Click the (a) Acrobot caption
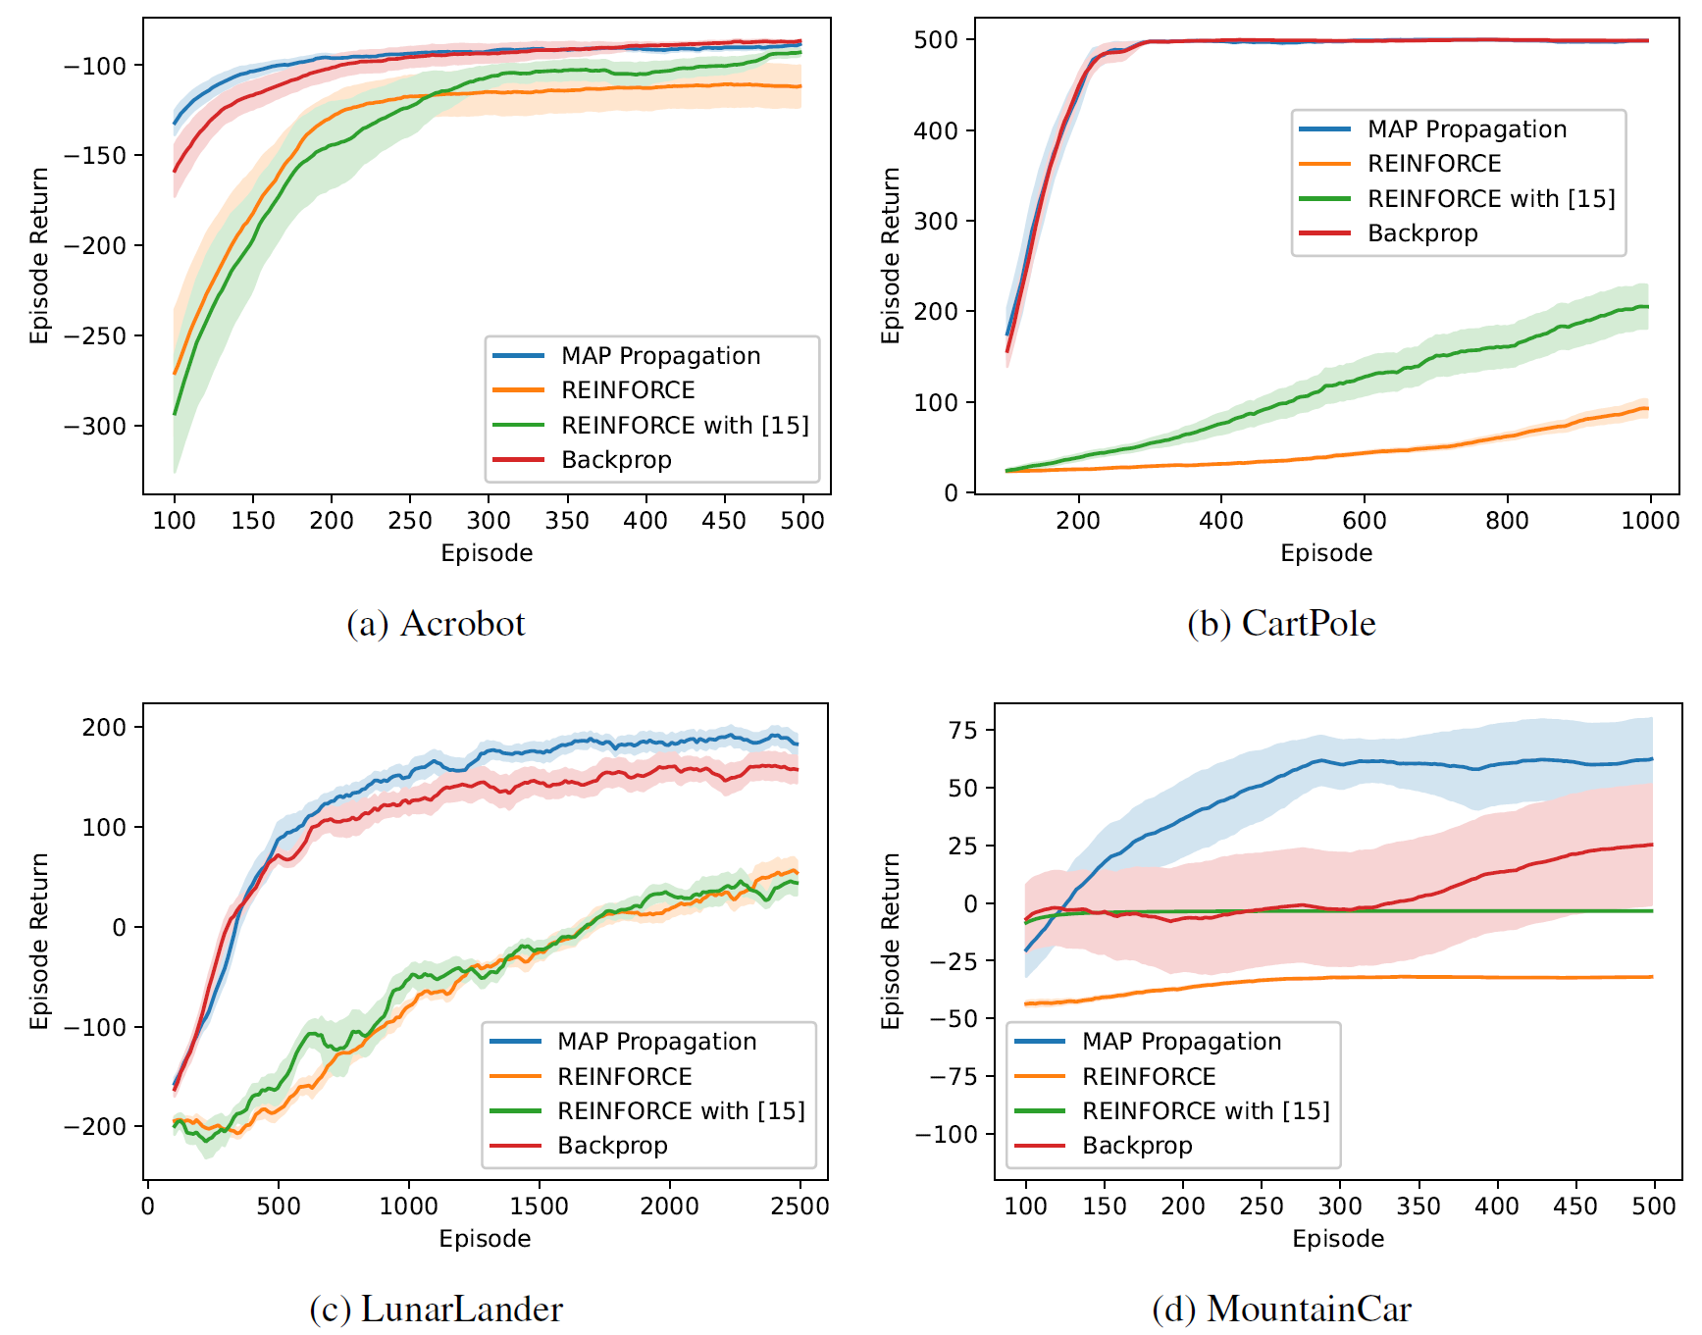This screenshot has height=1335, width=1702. click(436, 624)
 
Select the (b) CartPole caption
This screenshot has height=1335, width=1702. click(1281, 624)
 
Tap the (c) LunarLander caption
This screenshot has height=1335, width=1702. click(436, 1309)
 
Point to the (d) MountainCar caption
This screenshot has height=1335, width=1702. click(1281, 1309)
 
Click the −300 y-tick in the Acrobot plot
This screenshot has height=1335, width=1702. click(95, 426)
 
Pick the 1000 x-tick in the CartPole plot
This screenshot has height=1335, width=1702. click(1650, 520)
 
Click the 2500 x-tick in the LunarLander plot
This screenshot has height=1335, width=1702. click(799, 1206)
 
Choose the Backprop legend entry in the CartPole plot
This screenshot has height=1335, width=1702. click(1422, 233)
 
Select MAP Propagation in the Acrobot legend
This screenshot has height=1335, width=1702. click(660, 356)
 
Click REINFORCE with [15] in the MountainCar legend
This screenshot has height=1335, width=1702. click(1206, 1111)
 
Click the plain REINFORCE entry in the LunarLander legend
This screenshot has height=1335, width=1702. click(625, 1077)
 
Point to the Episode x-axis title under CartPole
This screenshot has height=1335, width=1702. click(1326, 553)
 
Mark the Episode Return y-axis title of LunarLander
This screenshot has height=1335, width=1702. click(39, 941)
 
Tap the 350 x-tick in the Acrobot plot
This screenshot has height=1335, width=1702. click(567, 520)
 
